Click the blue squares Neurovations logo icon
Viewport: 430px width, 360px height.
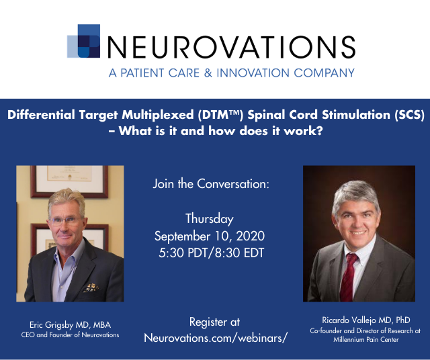(x=83, y=41)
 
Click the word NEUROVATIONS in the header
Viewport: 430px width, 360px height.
(x=231, y=47)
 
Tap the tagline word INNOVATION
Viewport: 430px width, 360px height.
(x=253, y=73)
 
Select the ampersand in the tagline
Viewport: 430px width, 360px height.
(x=208, y=73)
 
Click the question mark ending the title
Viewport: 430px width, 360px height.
(x=319, y=131)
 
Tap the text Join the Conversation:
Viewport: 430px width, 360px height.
(x=211, y=184)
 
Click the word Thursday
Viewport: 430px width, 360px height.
(x=210, y=219)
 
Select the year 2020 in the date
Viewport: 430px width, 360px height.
(x=251, y=236)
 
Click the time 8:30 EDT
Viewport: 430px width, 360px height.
(x=239, y=253)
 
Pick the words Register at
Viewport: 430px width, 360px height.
(x=214, y=322)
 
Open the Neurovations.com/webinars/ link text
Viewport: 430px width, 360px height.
(x=216, y=338)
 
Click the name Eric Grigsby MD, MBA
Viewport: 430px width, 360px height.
(x=70, y=325)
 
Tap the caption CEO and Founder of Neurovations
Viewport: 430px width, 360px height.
(x=70, y=334)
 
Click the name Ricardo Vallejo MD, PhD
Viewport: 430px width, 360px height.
(x=366, y=320)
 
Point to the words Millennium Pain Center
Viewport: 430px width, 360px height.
(x=366, y=339)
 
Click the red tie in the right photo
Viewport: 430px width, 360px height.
(x=348, y=277)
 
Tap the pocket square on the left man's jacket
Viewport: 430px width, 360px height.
(x=91, y=287)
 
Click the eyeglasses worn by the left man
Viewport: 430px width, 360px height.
(x=65, y=221)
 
